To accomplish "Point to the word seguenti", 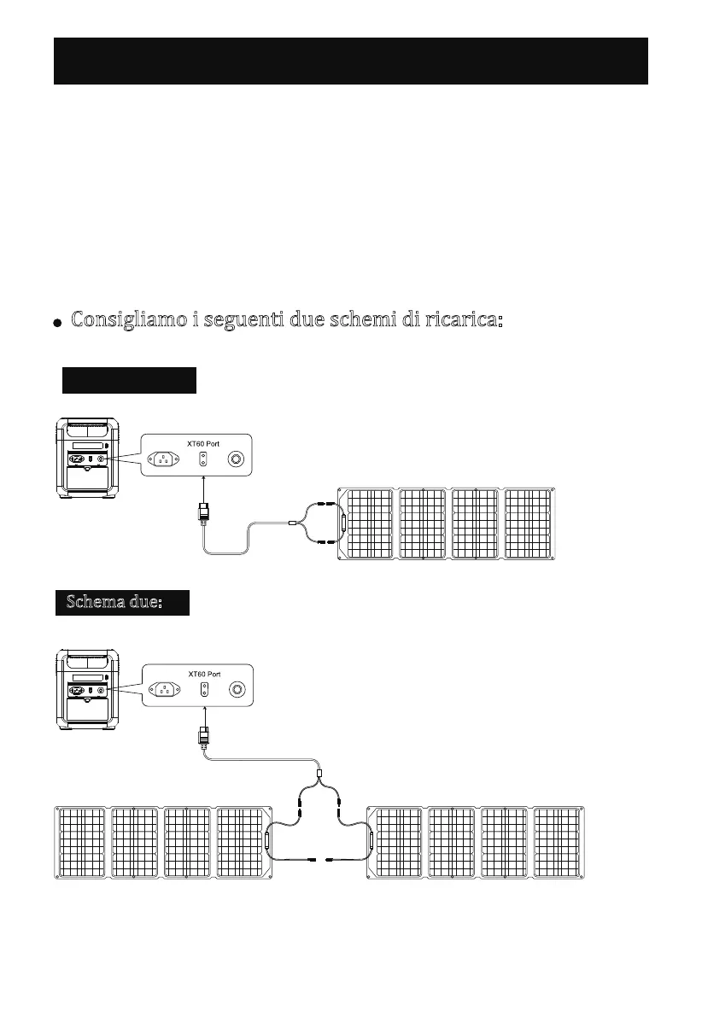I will (x=239, y=321).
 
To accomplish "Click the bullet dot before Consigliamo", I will (x=56, y=324).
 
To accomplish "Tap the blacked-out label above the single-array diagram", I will (x=129, y=380).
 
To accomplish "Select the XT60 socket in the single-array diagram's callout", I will (x=203, y=459).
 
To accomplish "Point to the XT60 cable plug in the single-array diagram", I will (x=203, y=514).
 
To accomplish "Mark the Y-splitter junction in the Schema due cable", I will (x=319, y=778).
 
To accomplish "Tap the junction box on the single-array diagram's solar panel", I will (x=343, y=524).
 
